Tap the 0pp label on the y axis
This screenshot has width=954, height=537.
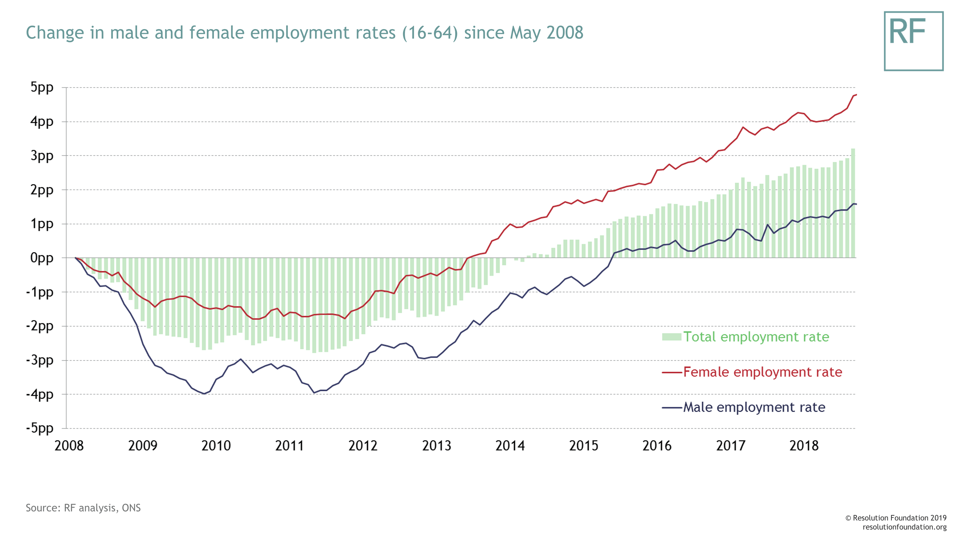coord(42,258)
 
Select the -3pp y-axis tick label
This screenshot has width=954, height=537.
coord(40,360)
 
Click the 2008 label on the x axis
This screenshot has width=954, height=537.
coord(69,445)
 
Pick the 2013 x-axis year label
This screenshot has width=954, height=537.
coord(437,445)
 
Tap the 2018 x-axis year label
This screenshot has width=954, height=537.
coord(804,445)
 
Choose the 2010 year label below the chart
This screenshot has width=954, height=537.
coord(216,445)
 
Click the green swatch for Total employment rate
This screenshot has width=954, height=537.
coord(671,337)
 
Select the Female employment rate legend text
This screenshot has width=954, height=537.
coord(762,372)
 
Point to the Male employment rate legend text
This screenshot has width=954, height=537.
coord(754,407)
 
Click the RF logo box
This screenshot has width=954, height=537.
coord(913,41)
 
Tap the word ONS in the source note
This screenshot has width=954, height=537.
coord(131,508)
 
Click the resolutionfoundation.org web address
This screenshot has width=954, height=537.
coord(904,527)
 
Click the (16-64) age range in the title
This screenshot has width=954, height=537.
coord(430,33)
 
